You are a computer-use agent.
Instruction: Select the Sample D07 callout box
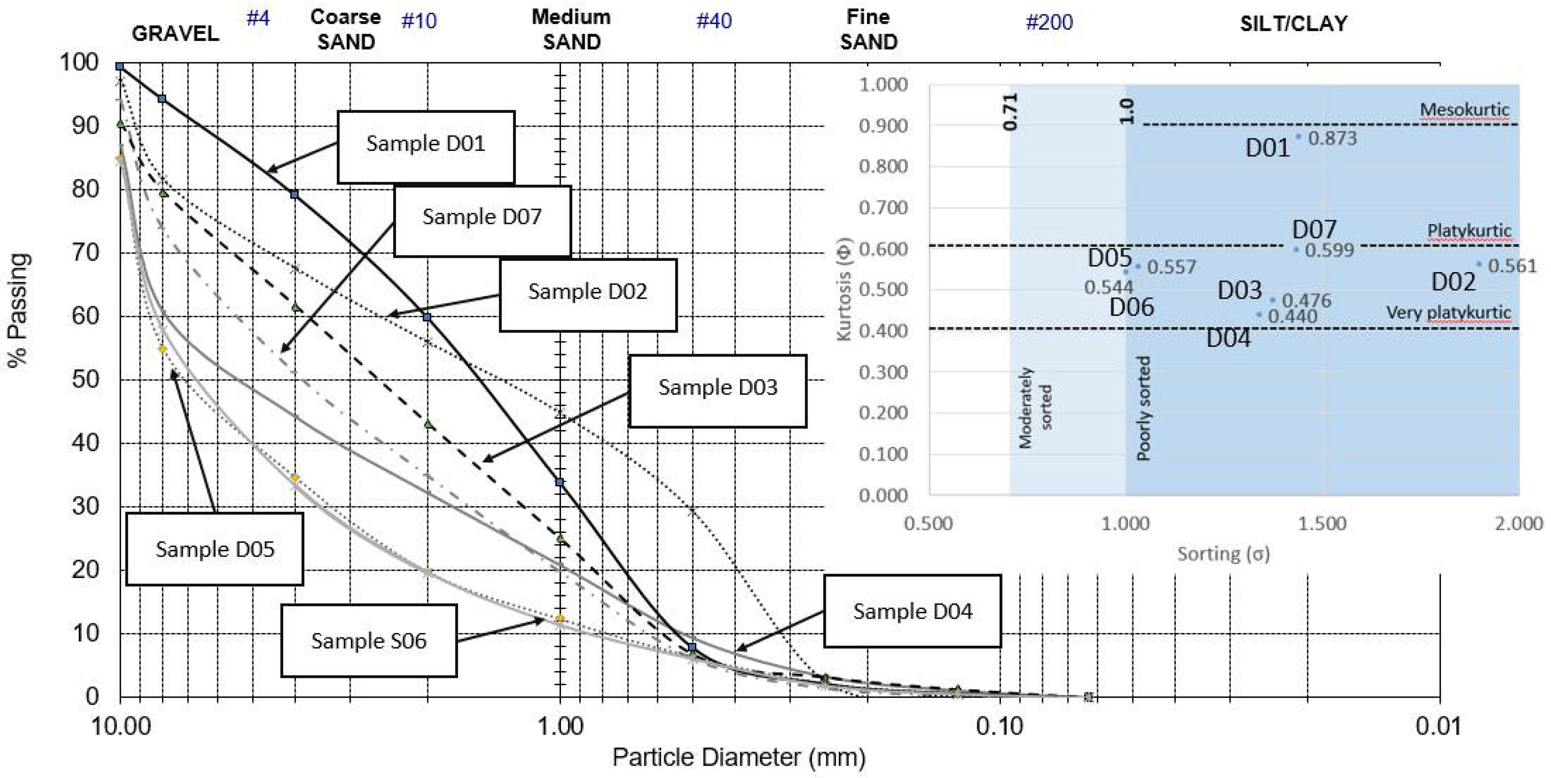(x=482, y=220)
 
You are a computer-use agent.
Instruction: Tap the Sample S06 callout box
(x=369, y=640)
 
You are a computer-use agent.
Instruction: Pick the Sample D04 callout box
(x=912, y=611)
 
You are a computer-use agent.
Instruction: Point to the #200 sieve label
(x=1049, y=22)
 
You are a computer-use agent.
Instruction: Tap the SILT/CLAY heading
(x=1293, y=23)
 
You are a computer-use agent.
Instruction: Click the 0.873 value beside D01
(x=1332, y=138)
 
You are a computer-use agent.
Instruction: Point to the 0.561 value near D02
(x=1512, y=266)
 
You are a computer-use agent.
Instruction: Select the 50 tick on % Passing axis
(x=85, y=380)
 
